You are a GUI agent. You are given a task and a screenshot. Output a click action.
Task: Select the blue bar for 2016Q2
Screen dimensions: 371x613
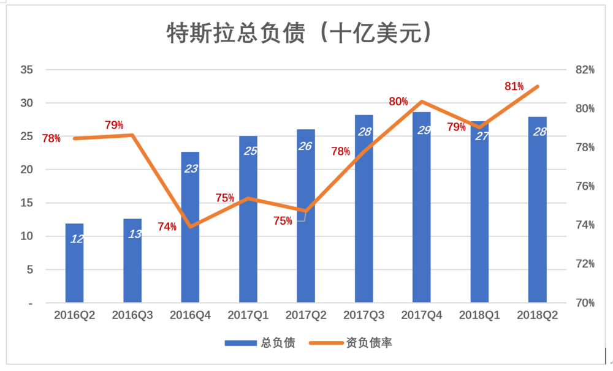[x=74, y=263]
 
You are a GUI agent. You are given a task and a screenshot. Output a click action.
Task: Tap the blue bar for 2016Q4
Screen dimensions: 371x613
[x=190, y=245]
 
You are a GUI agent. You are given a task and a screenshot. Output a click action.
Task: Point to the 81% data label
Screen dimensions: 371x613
[x=514, y=86]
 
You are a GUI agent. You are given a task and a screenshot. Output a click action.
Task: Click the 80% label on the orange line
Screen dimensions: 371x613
[x=398, y=102]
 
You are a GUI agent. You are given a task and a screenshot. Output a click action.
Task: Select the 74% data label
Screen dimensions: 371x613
[x=167, y=227]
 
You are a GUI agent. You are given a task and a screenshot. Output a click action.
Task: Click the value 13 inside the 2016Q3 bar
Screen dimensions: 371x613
[x=133, y=234]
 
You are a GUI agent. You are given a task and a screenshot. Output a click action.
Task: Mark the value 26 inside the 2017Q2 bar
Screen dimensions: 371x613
[x=306, y=146]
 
